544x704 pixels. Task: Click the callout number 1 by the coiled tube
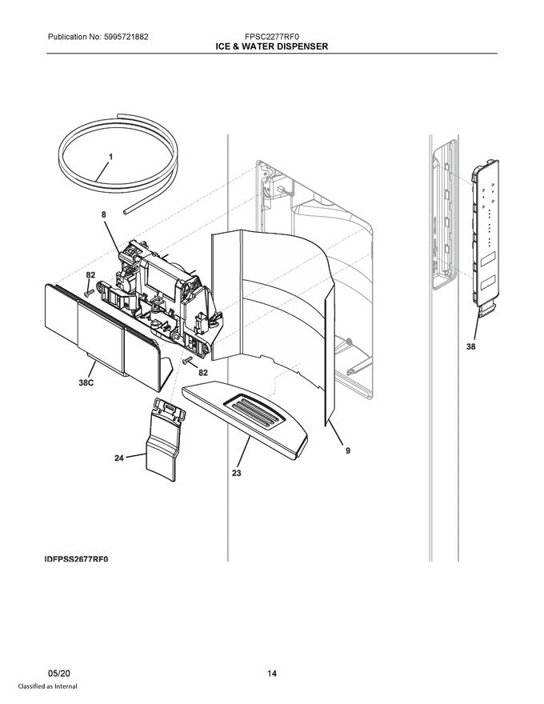[110, 158]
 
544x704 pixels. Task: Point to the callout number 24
[118, 458]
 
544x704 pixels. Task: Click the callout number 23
[236, 473]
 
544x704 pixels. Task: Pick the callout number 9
[347, 450]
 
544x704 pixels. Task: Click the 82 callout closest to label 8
[90, 275]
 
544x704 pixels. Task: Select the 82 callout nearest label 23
[203, 373]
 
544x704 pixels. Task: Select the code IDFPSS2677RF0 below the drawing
[76, 559]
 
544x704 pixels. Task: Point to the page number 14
[271, 674]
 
